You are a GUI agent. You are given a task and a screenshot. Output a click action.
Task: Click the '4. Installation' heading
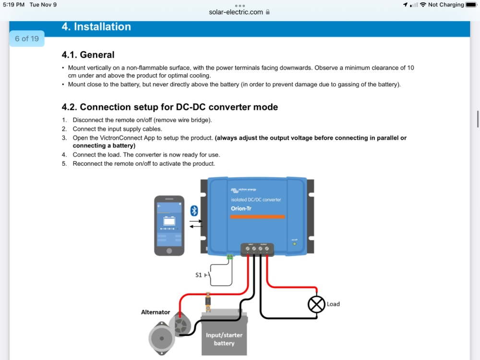[96, 27]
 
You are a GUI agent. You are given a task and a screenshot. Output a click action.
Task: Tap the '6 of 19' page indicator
[27, 38]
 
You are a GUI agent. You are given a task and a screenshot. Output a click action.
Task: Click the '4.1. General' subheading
[88, 55]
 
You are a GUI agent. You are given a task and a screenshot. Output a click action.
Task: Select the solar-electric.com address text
[236, 12]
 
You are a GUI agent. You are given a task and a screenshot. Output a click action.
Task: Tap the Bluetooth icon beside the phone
[194, 211]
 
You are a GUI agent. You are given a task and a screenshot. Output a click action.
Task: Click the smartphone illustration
[169, 226]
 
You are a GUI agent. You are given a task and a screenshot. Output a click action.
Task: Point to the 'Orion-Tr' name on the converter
[241, 208]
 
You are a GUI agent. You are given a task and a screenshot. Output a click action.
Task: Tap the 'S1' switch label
[199, 275]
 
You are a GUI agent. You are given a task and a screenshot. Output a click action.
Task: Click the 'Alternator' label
[156, 312]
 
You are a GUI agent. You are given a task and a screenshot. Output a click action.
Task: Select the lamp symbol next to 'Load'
[316, 304]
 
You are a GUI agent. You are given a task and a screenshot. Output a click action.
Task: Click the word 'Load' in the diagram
[333, 304]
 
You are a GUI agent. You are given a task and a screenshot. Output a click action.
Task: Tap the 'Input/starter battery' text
[224, 339]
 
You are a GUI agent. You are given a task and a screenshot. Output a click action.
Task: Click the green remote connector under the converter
[229, 257]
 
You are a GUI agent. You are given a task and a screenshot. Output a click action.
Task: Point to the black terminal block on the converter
[257, 249]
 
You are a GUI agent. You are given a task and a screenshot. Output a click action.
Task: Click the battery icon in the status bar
[471, 5]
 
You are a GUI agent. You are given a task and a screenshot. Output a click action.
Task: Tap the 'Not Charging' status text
[446, 5]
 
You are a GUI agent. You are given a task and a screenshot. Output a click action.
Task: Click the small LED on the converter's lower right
[294, 244]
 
